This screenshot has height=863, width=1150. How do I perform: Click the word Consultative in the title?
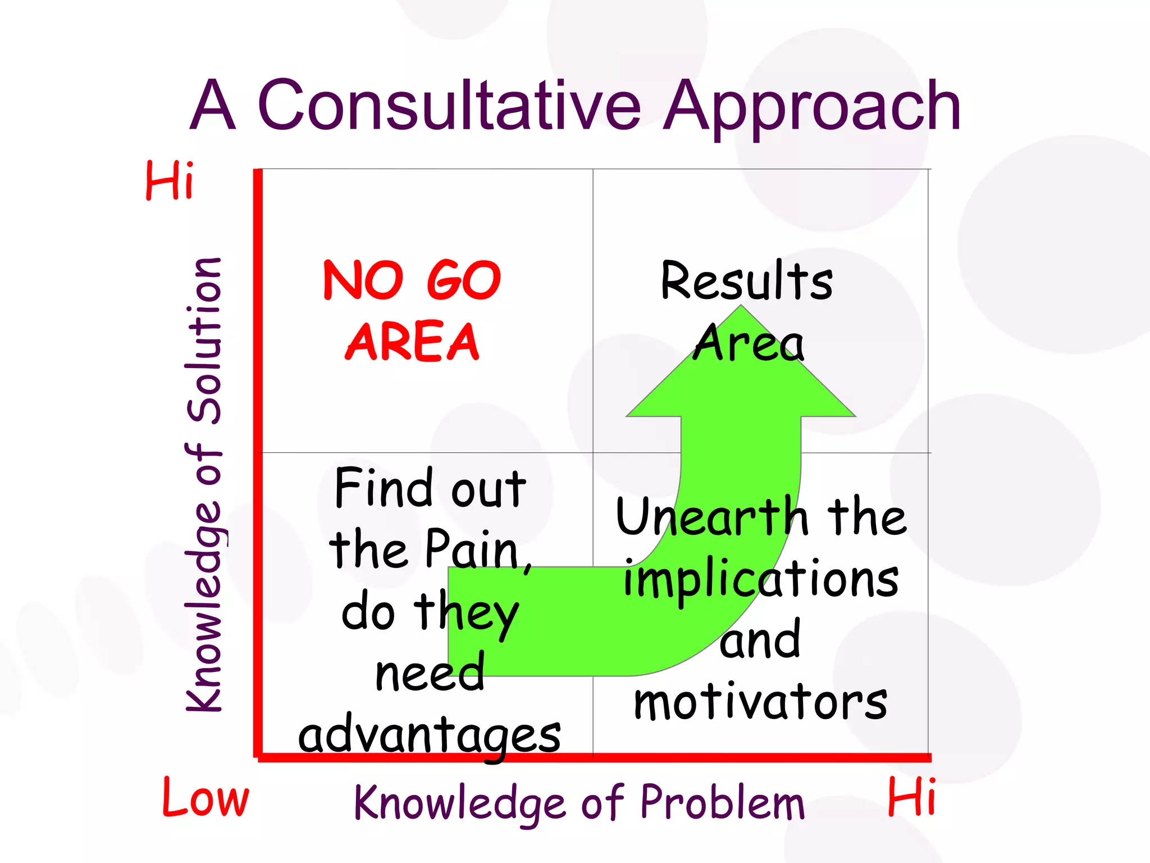(449, 106)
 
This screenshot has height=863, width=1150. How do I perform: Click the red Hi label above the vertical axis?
(170, 180)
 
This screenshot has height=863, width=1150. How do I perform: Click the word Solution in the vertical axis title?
(204, 340)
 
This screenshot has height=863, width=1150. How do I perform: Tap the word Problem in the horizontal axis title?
(723, 802)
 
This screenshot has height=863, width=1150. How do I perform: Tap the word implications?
(761, 580)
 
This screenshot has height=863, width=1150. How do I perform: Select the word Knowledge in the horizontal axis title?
(460, 802)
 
